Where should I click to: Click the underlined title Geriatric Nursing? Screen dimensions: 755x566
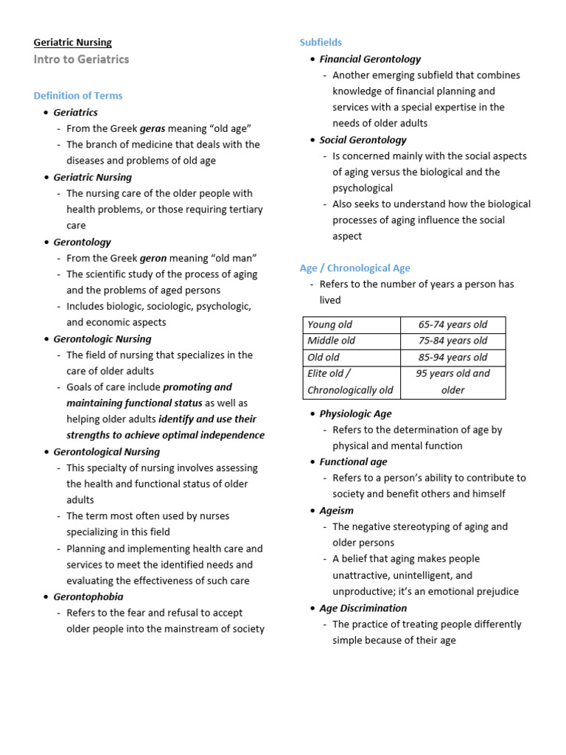click(73, 43)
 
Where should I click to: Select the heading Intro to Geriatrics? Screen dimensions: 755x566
click(81, 60)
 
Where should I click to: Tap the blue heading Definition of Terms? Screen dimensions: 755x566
click(78, 96)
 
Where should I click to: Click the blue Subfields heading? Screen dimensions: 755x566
click(321, 43)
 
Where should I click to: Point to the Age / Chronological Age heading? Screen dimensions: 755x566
click(354, 268)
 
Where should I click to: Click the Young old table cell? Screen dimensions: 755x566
click(329, 325)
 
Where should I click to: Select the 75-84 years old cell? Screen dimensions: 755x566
click(453, 341)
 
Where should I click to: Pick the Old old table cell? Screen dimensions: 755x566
click(324, 358)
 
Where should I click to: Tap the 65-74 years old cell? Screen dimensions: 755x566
click(453, 325)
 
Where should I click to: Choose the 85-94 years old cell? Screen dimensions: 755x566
click(453, 358)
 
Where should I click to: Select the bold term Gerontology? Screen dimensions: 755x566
click(83, 242)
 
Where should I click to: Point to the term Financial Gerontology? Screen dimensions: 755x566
click(370, 59)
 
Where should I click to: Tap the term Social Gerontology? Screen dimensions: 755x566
click(363, 139)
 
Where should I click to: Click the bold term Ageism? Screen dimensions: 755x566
click(336, 510)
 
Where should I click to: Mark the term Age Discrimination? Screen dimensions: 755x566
click(363, 608)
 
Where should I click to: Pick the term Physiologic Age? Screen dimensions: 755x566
click(355, 414)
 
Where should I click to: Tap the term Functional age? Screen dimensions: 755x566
click(353, 462)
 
